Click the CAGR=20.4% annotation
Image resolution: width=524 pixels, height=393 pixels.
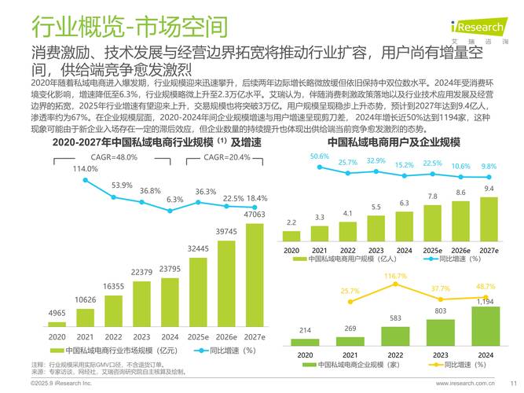225,156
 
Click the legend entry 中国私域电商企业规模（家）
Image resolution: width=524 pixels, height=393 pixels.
354,365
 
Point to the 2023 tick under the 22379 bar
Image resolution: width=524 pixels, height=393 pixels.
141,336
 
